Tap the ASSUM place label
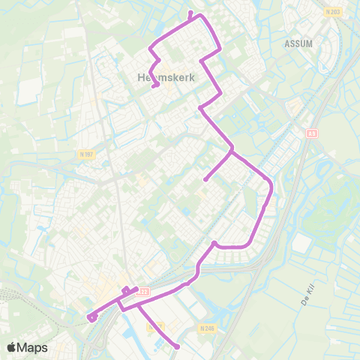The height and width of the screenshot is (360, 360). [x=298, y=43]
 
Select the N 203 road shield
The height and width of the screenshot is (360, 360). [x=333, y=12]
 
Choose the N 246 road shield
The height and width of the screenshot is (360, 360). [x=208, y=328]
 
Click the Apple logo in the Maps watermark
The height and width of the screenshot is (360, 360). [x=12, y=346]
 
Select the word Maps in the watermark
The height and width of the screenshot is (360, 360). [x=33, y=346]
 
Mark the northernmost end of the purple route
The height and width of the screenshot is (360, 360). [x=190, y=13]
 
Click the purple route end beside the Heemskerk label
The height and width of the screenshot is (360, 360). [x=155, y=86]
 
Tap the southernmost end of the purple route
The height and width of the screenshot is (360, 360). [x=178, y=346]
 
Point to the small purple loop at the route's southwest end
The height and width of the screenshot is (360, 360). [x=91, y=317]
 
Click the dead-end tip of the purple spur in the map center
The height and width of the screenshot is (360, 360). [x=205, y=179]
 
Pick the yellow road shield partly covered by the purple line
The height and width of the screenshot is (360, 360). [x=155, y=328]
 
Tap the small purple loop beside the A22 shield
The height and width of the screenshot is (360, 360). [x=125, y=291]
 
